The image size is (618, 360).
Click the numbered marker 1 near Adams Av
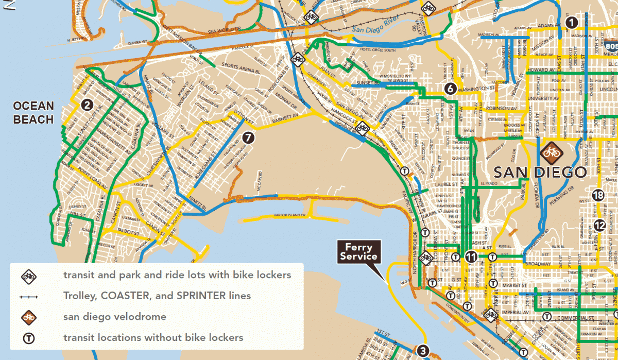point(571,22)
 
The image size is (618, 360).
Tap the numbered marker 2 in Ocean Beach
point(87,105)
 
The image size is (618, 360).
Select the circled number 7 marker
point(248,138)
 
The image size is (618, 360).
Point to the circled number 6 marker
point(450,89)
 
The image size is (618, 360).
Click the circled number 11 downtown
point(471,256)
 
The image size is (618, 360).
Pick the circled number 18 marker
point(598,195)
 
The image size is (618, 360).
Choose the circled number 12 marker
point(599,225)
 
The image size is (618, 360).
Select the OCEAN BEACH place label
point(33,113)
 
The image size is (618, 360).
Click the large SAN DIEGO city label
point(540,172)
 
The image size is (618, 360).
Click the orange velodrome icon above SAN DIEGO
point(550,152)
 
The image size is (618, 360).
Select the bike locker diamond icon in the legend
point(29,276)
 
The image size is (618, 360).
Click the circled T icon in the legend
point(29,338)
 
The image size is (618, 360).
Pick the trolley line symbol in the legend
point(29,296)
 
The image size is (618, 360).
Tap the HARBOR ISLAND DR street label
point(290,215)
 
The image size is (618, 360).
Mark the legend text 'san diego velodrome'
point(114,317)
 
